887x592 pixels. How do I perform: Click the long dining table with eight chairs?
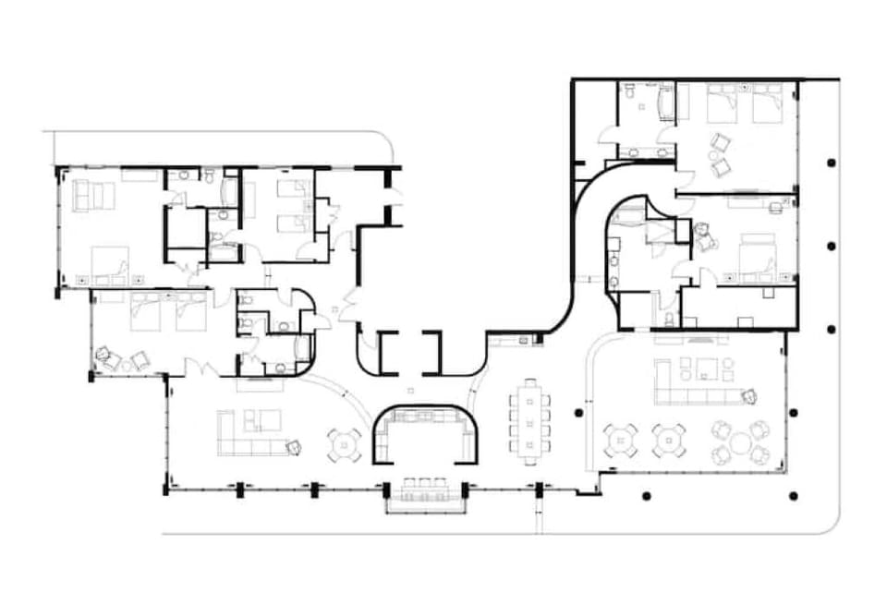(529, 421)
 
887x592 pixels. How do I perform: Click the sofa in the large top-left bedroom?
(92, 196)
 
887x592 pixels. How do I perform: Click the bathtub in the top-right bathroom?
(665, 103)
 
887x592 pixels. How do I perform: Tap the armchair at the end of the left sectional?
(294, 448)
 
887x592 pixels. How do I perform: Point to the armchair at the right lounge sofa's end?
(748, 396)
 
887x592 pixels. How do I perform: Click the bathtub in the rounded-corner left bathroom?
(303, 349)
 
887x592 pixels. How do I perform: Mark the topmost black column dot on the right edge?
(832, 163)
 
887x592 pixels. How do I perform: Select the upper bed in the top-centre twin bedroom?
(293, 190)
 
